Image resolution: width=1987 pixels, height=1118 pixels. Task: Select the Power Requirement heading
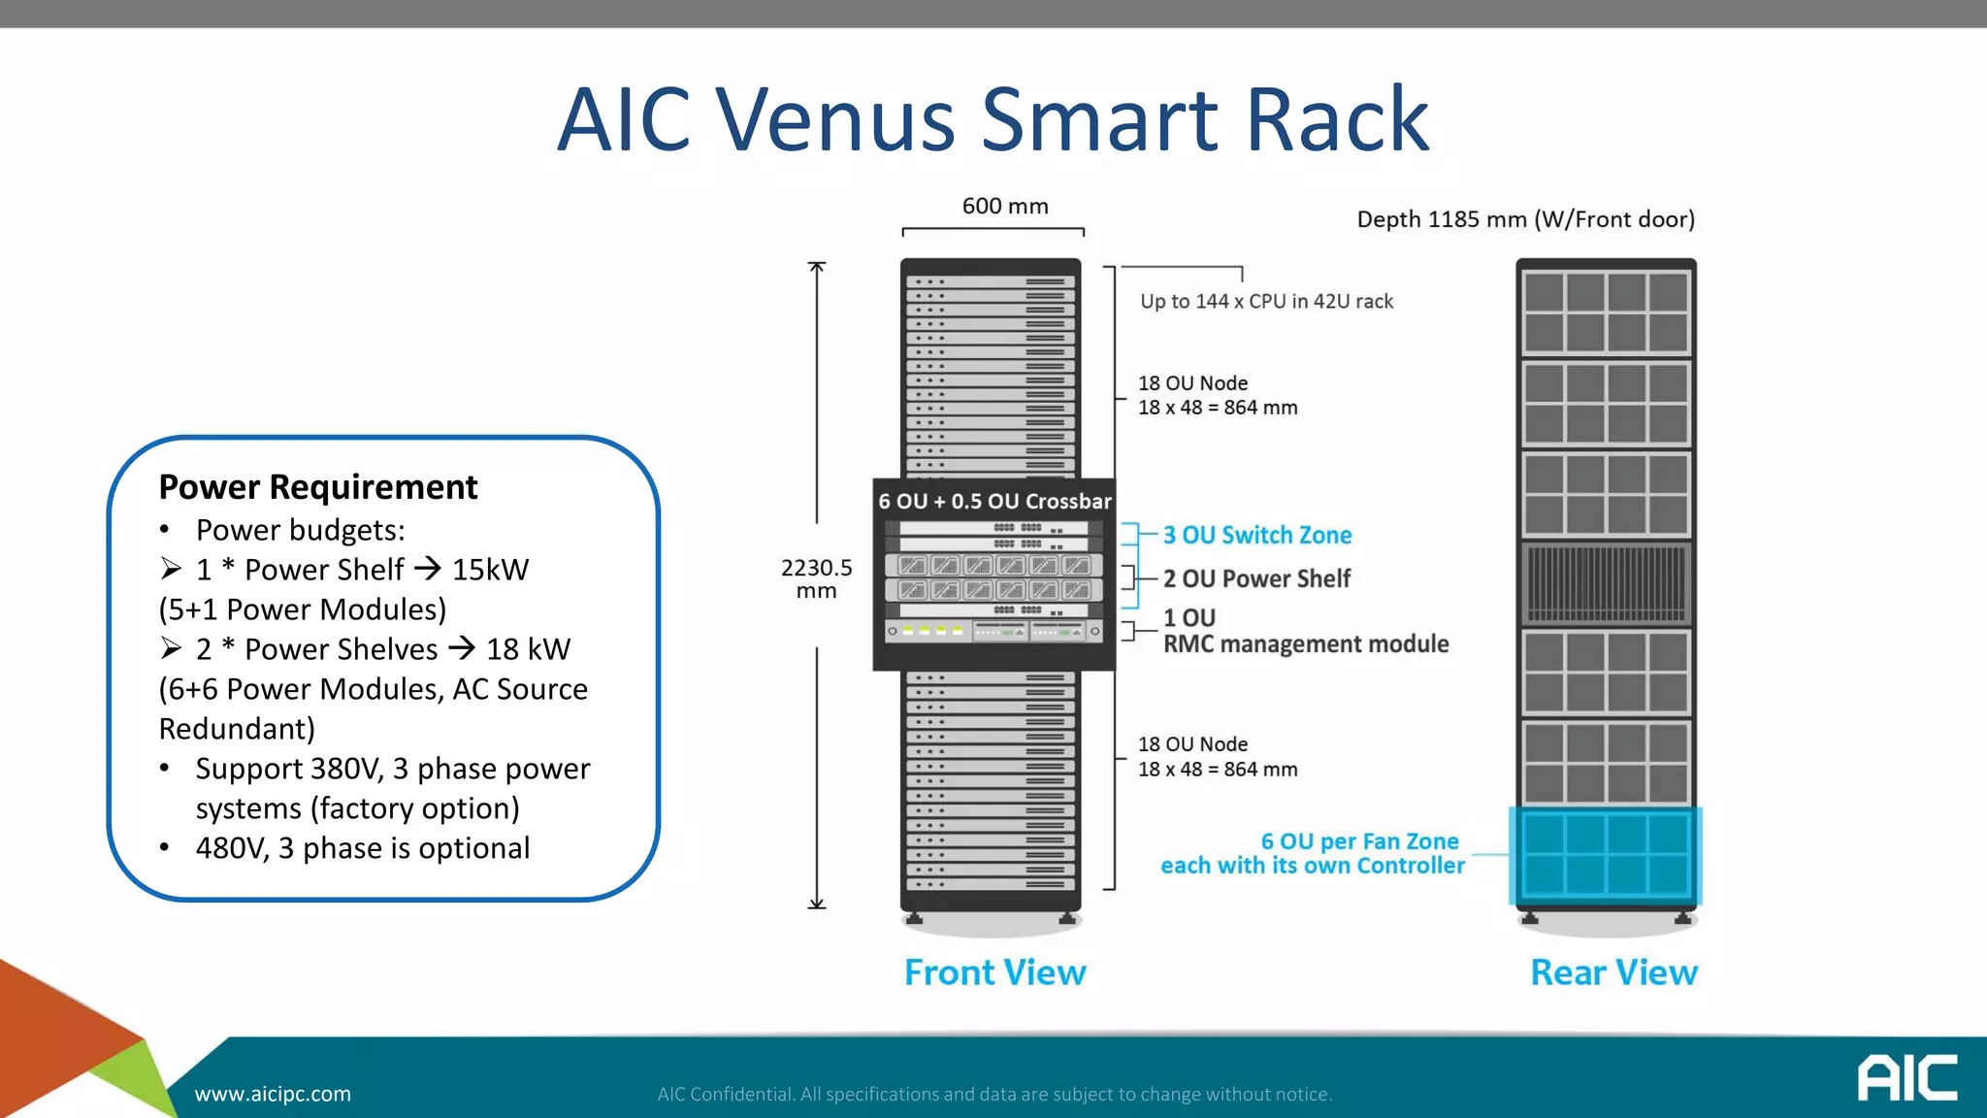coord(318,486)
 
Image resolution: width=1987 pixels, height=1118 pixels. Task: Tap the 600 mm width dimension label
coord(1004,206)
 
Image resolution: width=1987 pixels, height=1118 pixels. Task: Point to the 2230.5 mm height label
coord(816,578)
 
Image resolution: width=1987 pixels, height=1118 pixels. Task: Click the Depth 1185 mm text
coord(1525,219)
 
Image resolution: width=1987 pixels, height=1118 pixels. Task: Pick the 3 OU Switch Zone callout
coord(1256,535)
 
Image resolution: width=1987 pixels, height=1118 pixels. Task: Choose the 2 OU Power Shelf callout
coord(1256,578)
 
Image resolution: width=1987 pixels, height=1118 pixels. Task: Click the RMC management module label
coord(1305,643)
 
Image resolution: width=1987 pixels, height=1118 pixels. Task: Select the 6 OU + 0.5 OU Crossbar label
coord(994,501)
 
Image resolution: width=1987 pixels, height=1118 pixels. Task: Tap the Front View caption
coord(994,972)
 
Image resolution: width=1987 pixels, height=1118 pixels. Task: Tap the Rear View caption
coord(1613,972)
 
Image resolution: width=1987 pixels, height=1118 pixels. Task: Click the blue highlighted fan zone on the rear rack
coord(1606,855)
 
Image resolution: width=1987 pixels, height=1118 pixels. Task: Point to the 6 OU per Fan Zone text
coord(1359,841)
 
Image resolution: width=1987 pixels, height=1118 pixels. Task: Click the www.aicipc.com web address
coord(273,1094)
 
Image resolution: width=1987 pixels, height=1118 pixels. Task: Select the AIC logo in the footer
coord(1906,1077)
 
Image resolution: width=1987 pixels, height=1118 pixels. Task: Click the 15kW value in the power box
coord(490,570)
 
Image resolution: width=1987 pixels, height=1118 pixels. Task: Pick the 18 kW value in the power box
coord(528,649)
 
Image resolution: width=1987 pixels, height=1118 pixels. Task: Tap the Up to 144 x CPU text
coord(1266,301)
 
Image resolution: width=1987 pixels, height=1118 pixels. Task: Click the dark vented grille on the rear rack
coord(1606,583)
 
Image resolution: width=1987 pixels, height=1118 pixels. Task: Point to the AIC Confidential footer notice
coord(994,1094)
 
